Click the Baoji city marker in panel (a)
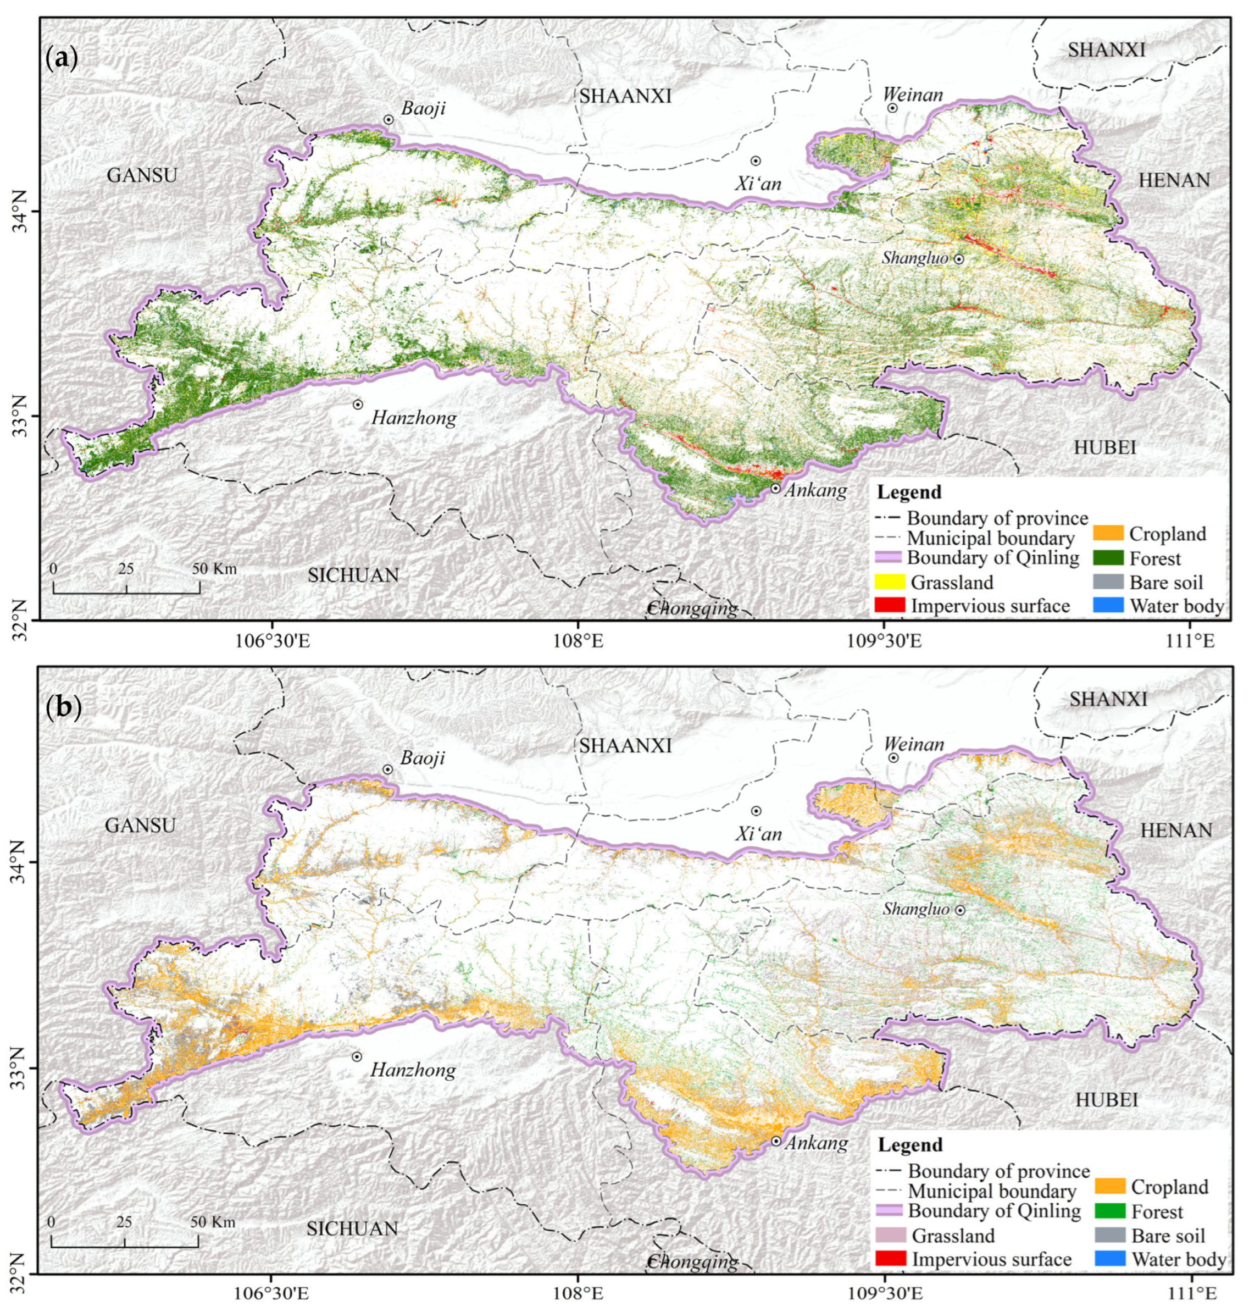389,119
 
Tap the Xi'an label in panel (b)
758,834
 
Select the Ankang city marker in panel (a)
776,488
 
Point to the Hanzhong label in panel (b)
413,1070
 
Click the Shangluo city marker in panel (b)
960,910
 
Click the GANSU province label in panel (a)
142,175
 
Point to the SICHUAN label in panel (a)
353,575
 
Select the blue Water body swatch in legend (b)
1110,1259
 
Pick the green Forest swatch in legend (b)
1110,1211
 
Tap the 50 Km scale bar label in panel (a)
214,569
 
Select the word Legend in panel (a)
909,493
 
